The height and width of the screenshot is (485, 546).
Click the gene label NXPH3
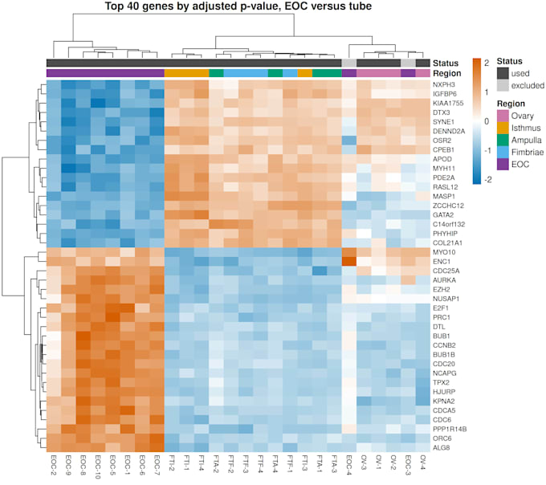443,84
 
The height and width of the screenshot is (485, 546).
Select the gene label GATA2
442,215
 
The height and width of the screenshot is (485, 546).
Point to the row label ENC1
442,262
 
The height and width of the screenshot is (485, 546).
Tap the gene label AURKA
444,280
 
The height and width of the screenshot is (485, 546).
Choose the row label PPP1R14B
450,429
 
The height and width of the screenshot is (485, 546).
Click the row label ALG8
441,448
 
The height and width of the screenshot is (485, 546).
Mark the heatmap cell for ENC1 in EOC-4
349,262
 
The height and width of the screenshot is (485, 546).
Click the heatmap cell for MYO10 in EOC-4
349,252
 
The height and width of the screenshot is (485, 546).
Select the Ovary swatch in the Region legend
503,116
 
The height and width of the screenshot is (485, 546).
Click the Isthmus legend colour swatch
503,128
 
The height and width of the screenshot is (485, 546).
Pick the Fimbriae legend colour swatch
503,152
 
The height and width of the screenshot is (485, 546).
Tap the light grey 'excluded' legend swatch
503,85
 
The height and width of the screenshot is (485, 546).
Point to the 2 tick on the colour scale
487,63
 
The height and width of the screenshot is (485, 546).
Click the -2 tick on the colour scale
487,180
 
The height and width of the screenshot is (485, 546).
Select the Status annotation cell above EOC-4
349,63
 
